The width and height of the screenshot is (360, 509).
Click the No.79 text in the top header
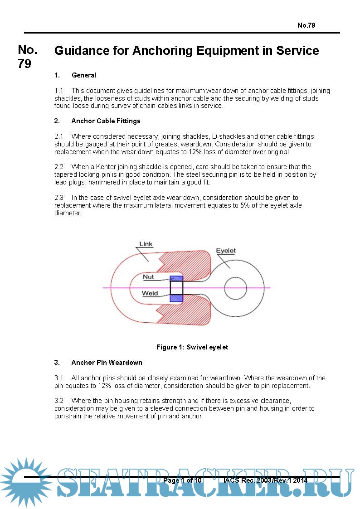coord(306,25)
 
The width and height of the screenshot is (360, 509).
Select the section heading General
coord(84,75)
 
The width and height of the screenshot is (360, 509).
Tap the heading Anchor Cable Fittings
coord(106,121)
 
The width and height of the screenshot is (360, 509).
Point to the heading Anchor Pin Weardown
coord(107,363)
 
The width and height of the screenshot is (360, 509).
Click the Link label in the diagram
coord(146,244)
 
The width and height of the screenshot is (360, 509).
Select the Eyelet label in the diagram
coord(225,251)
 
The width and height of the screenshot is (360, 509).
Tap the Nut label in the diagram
coord(148,276)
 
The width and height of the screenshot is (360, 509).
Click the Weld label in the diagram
coord(150,293)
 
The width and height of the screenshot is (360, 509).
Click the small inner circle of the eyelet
coord(235,288)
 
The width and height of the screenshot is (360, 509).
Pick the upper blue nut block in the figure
coord(176,278)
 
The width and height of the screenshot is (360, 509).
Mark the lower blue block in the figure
coord(176,298)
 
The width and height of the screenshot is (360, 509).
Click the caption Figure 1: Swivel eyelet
coord(192,347)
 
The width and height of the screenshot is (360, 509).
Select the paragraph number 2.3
coord(59,198)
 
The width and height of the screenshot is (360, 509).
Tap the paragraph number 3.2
coord(59,401)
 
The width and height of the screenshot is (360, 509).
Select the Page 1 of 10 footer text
coord(182,480)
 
